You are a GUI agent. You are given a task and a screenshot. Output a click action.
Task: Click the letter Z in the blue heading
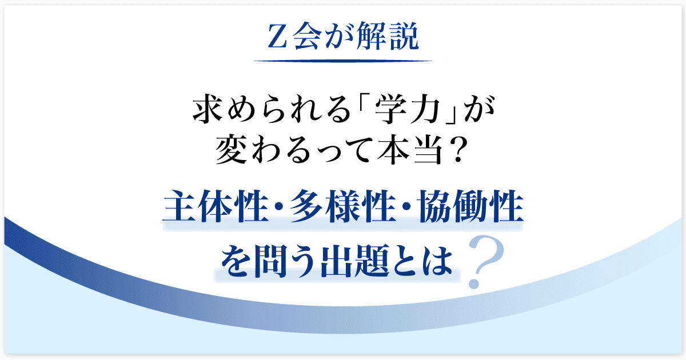click(x=277, y=36)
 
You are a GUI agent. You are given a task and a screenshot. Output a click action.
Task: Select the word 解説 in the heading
click(x=388, y=36)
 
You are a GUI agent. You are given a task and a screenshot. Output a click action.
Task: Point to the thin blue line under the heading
click(x=342, y=61)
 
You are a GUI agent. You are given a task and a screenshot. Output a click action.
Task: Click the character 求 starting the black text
click(x=208, y=109)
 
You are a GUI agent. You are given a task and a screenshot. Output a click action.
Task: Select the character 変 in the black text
click(x=232, y=150)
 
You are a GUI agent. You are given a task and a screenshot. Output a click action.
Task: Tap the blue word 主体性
click(x=216, y=206)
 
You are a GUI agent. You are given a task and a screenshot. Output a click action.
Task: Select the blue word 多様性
click(x=343, y=206)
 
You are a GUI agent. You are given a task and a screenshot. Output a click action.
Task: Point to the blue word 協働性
click(x=470, y=206)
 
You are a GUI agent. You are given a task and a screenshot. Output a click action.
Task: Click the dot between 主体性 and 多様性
click(x=280, y=207)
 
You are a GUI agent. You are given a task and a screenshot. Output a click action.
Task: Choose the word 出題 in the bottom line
click(x=355, y=261)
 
